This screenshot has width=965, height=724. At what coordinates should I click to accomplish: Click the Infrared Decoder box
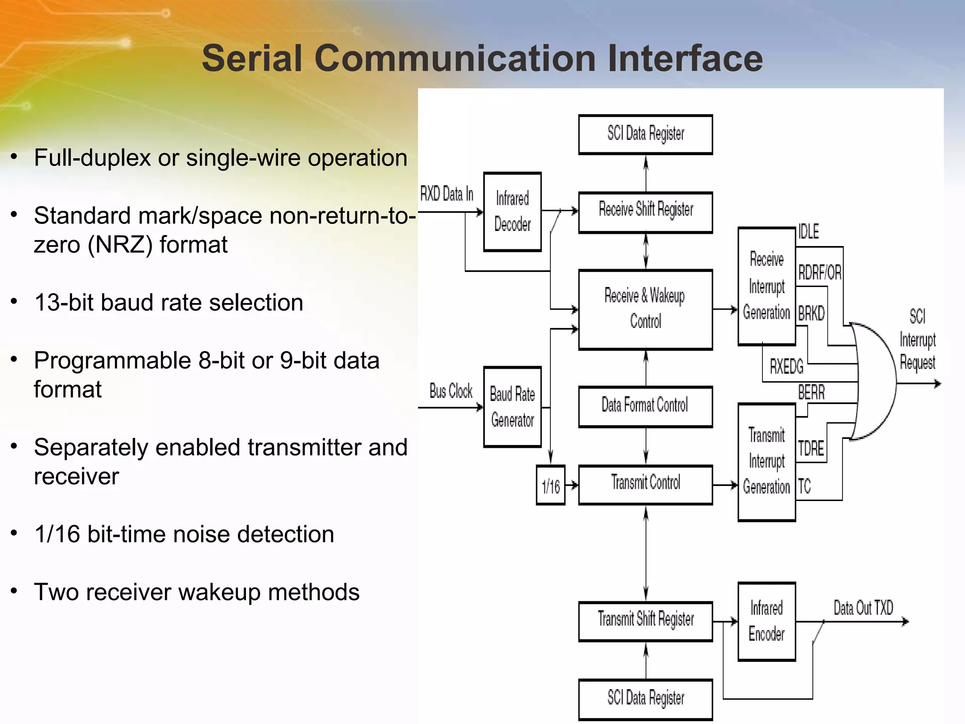pos(512,212)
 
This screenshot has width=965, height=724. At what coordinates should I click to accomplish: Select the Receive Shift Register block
pos(645,212)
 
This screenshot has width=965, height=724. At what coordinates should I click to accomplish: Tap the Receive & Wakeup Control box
pos(645,309)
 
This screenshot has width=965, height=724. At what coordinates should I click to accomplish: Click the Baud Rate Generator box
pos(512,407)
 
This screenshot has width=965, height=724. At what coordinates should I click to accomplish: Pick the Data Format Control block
pos(645,406)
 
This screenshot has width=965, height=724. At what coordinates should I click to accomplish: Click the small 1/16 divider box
pos(550,485)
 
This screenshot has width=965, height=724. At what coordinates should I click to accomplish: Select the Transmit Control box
pos(645,485)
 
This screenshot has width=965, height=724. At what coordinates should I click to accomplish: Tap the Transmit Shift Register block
pos(645,621)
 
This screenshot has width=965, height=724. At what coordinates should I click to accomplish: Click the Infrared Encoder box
pos(766,621)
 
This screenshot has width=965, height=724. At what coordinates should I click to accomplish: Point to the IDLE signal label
pos(809,231)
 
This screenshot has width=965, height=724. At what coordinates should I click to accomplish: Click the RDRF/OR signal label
pos(819,272)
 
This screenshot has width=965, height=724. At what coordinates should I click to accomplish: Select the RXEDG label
pos(786,366)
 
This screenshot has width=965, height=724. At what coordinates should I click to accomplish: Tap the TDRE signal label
pos(811,448)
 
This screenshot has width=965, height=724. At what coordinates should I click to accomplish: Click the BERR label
pos(811,392)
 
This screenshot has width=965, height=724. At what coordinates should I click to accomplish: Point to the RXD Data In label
pos(446,194)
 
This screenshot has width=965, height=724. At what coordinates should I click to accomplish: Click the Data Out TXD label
pos(863,608)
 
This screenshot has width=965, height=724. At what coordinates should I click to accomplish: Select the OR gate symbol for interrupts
pos(874,381)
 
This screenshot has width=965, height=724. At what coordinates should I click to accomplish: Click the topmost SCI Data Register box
pos(645,134)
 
